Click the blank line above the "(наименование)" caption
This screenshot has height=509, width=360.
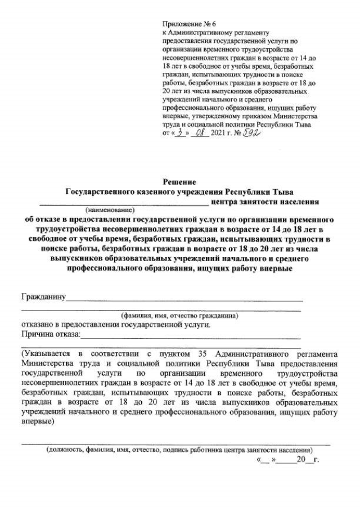[123, 204]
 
